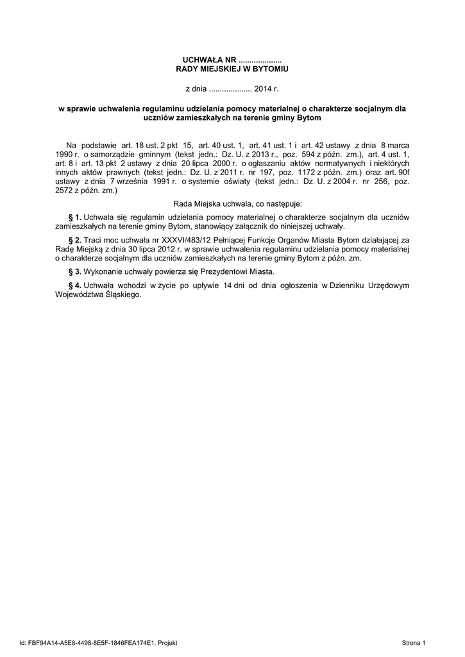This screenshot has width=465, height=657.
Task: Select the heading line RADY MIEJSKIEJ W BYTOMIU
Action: pyautogui.click(x=233, y=68)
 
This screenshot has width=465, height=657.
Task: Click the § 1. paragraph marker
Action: pyautogui.click(x=74, y=217)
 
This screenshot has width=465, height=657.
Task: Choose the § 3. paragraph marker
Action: pyautogui.click(x=74, y=271)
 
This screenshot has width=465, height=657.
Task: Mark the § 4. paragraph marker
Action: pyautogui.click(x=74, y=284)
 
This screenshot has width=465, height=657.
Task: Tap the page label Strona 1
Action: pyautogui.click(x=414, y=642)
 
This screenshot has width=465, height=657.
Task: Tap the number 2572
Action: pyautogui.click(x=65, y=191)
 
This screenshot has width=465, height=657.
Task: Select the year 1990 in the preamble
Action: pyautogui.click(x=65, y=155)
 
